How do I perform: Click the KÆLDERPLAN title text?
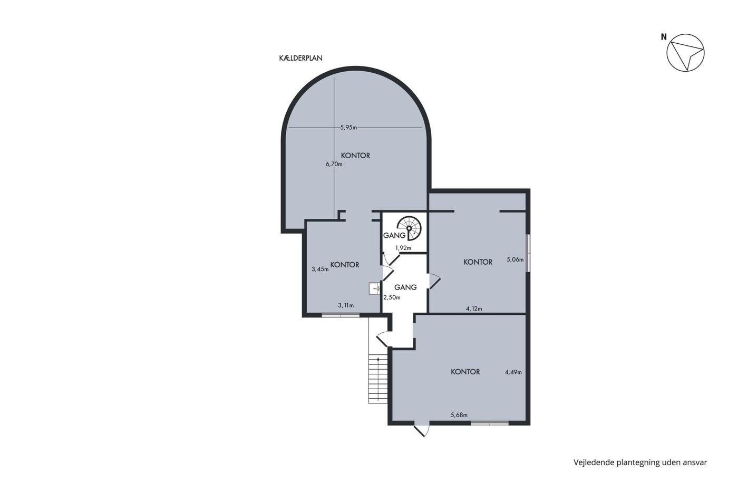coord(300,58)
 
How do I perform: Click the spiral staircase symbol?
coord(409,228)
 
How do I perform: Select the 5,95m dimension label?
coord(348,128)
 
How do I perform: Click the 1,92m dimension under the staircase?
coord(403,248)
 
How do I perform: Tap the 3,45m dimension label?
coord(321,269)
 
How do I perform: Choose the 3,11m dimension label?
coord(346,305)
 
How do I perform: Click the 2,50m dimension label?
coord(392,297)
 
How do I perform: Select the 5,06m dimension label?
coord(515,259)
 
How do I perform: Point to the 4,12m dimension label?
coord(474,309)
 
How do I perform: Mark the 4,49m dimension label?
coord(513,372)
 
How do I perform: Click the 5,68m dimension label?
coord(459,415)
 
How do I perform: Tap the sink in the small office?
coord(375,288)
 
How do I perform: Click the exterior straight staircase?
coord(378,379)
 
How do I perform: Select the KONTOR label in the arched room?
coord(355,156)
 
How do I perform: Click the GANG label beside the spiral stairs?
coord(394,236)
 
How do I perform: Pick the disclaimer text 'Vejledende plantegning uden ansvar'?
coord(640,462)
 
